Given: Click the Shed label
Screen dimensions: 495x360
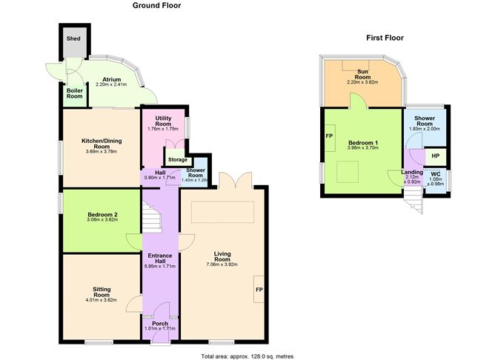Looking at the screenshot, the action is pos(73,39).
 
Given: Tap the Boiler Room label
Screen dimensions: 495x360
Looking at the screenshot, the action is pos(75,93).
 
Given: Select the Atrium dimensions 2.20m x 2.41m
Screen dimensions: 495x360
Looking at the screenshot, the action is pos(111,84).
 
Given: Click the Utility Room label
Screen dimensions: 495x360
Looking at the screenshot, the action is pos(163,121).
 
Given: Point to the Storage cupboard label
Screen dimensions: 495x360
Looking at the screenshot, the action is pos(178,160).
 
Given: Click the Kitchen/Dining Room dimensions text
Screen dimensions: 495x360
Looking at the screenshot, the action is pos(102,151).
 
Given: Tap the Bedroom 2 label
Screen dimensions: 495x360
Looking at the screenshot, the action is pos(102,215).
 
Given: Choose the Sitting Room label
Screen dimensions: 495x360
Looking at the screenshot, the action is pos(102,292).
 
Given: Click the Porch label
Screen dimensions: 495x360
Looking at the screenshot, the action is pos(160,324).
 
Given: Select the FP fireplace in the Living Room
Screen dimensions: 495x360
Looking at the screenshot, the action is pos(259,290).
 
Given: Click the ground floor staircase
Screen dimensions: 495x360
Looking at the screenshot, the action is pos(151,217).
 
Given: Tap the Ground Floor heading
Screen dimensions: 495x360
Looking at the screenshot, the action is pos(156,5).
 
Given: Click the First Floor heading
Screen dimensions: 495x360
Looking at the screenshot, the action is pos(385,38).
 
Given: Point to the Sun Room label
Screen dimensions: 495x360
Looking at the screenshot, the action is pos(362,74).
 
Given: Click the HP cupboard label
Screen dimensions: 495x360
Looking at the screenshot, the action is pos(435,156).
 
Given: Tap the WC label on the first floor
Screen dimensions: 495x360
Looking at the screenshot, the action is pos(436,174).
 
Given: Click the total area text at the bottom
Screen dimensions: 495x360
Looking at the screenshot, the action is pos(247,356).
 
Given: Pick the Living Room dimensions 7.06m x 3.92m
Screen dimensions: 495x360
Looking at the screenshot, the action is pos(222,264).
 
